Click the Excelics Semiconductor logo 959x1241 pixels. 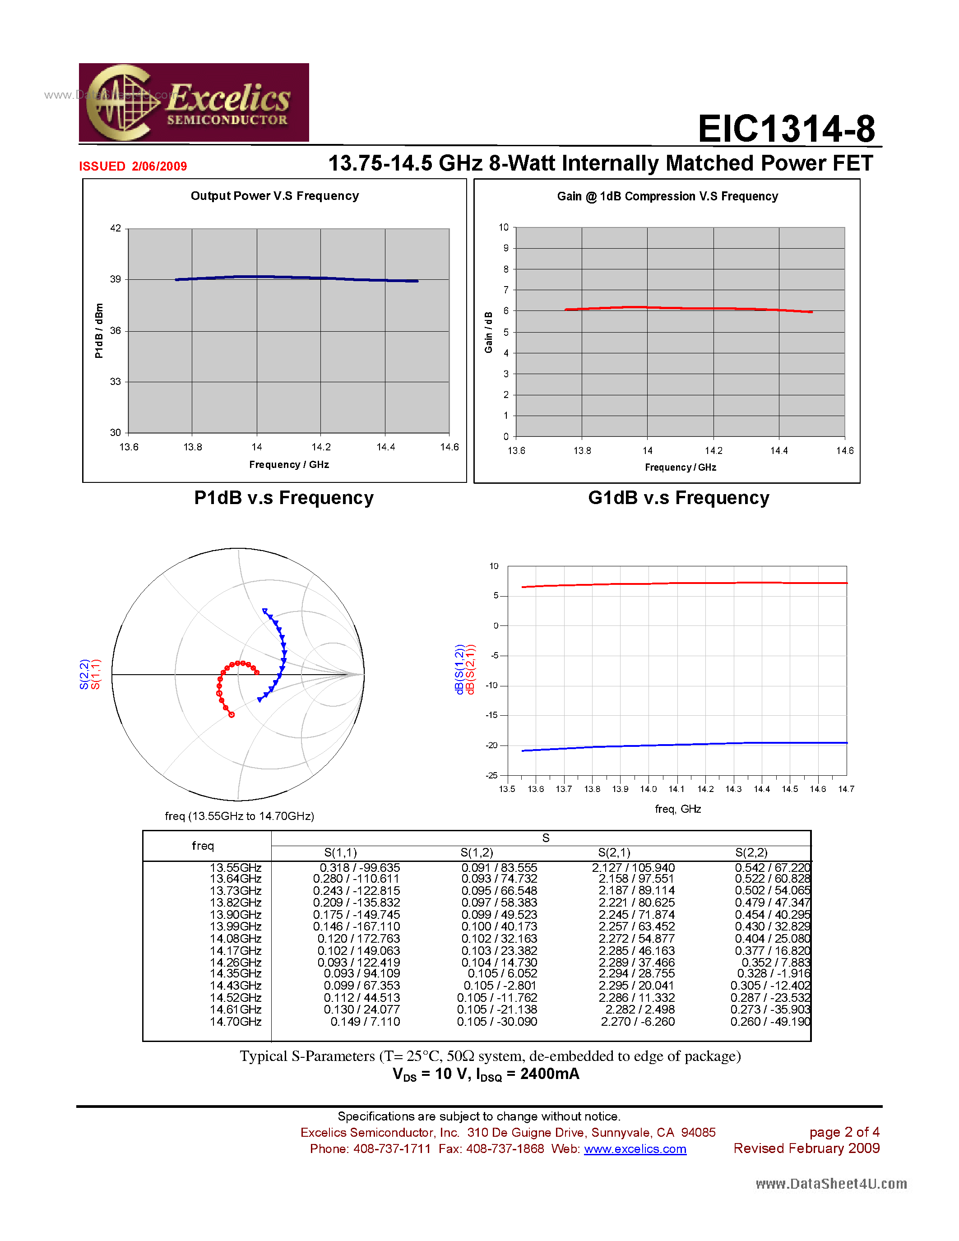pyautogui.click(x=194, y=102)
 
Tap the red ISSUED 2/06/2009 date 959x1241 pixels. pyautogui.click(x=133, y=167)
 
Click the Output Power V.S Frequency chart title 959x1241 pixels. pyautogui.click(x=274, y=196)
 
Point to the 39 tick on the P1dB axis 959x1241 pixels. pyautogui.click(x=116, y=279)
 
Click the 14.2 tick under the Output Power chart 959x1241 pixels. pyautogui.click(x=321, y=447)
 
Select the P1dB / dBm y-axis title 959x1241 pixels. pyautogui.click(x=99, y=331)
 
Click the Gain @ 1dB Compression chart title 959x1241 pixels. pyautogui.click(x=667, y=197)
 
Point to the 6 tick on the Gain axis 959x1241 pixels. pyautogui.click(x=505, y=311)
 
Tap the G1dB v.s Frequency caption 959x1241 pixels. pyautogui.click(x=678, y=498)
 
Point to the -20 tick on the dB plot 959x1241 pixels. pyautogui.click(x=491, y=745)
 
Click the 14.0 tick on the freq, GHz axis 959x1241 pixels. pyautogui.click(x=648, y=789)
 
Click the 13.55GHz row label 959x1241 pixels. pyautogui.click(x=235, y=868)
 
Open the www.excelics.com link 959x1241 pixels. pyautogui.click(x=635, y=1149)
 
